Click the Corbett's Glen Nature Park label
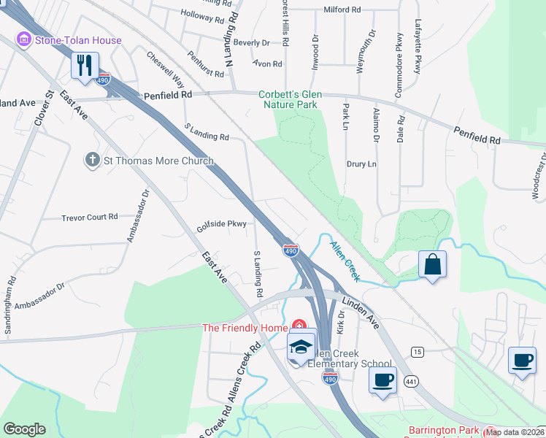tap(290, 100)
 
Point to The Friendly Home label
tap(245, 328)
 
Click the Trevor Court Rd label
tap(89, 217)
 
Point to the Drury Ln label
tap(361, 164)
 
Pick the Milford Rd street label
tap(342, 10)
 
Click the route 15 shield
tap(418, 352)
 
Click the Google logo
tap(24, 429)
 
